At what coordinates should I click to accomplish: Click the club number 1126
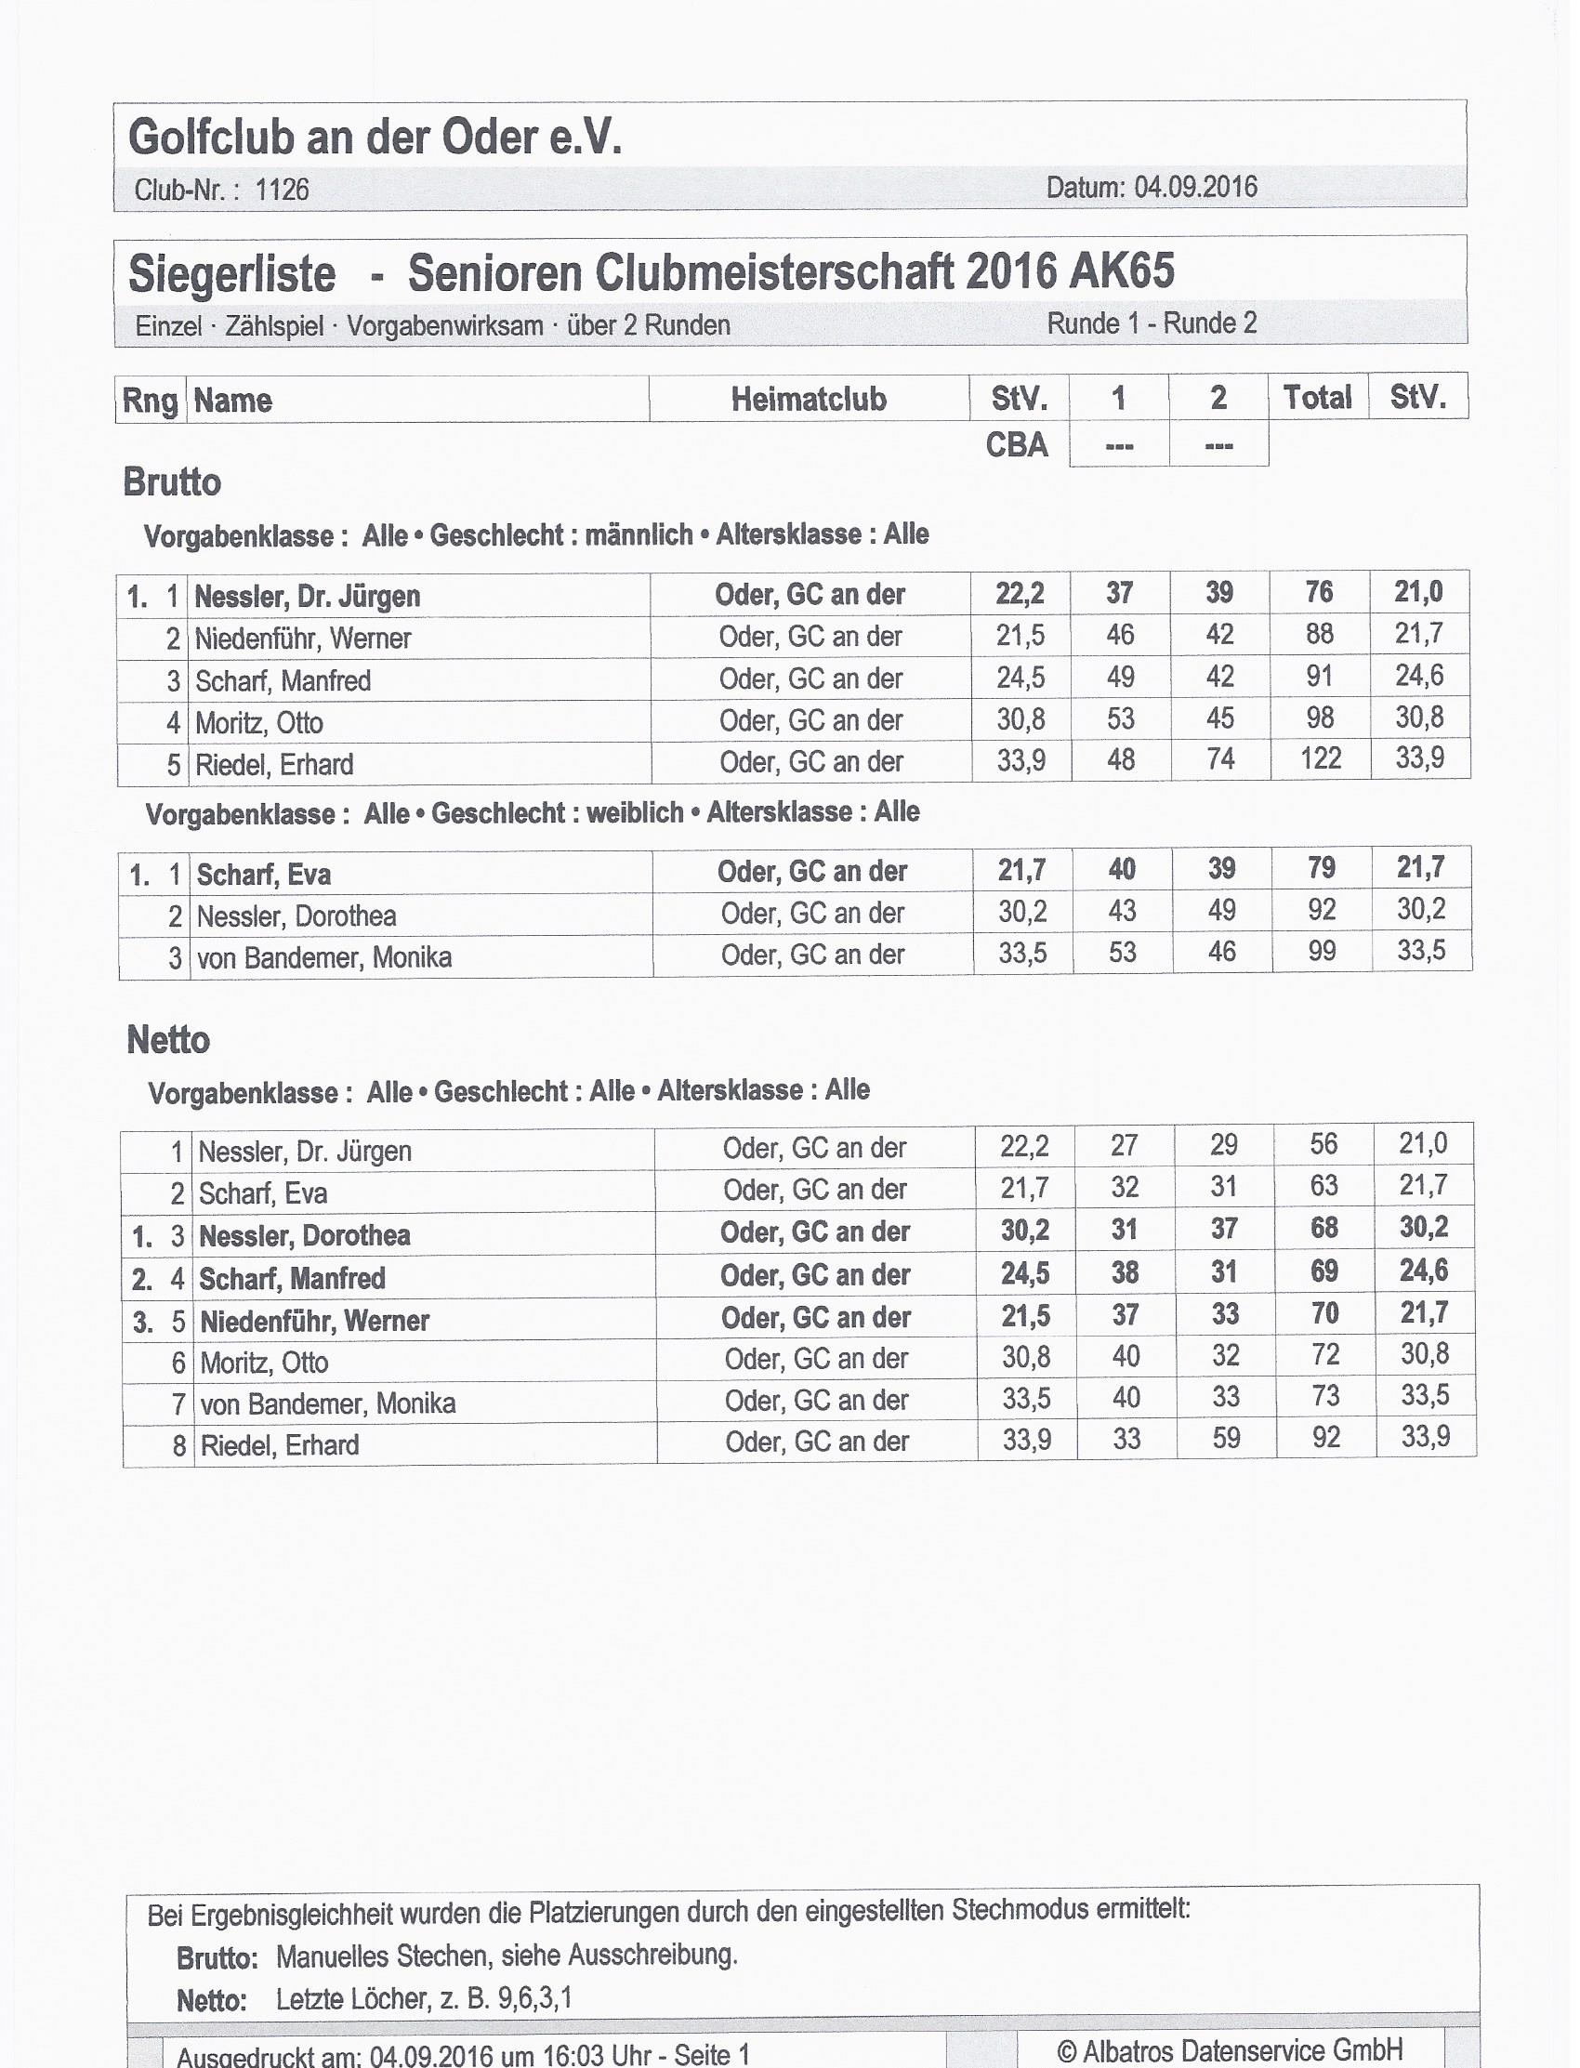[282, 190]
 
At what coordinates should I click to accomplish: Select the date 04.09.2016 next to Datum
[1195, 187]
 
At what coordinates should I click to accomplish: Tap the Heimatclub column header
[809, 399]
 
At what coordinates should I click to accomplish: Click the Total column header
[1318, 397]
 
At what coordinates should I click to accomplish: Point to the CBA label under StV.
[1017, 444]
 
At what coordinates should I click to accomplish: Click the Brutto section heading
[172, 482]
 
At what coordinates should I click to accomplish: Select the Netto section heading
[168, 1040]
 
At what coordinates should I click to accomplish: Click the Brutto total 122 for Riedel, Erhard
[1321, 758]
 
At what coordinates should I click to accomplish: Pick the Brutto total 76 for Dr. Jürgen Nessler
[1320, 591]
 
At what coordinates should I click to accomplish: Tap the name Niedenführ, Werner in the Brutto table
[303, 639]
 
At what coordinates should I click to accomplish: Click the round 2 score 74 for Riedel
[1219, 759]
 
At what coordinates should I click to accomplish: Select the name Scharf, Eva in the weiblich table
[263, 875]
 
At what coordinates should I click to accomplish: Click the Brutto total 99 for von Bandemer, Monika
[1322, 951]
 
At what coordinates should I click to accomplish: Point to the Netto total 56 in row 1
[1323, 1143]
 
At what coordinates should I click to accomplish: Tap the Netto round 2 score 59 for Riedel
[1226, 1438]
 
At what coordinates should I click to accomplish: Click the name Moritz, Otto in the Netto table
[264, 1362]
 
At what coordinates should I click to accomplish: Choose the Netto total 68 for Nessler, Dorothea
[1324, 1227]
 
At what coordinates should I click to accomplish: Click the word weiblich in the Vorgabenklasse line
[635, 811]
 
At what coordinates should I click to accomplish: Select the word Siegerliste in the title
[231, 273]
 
